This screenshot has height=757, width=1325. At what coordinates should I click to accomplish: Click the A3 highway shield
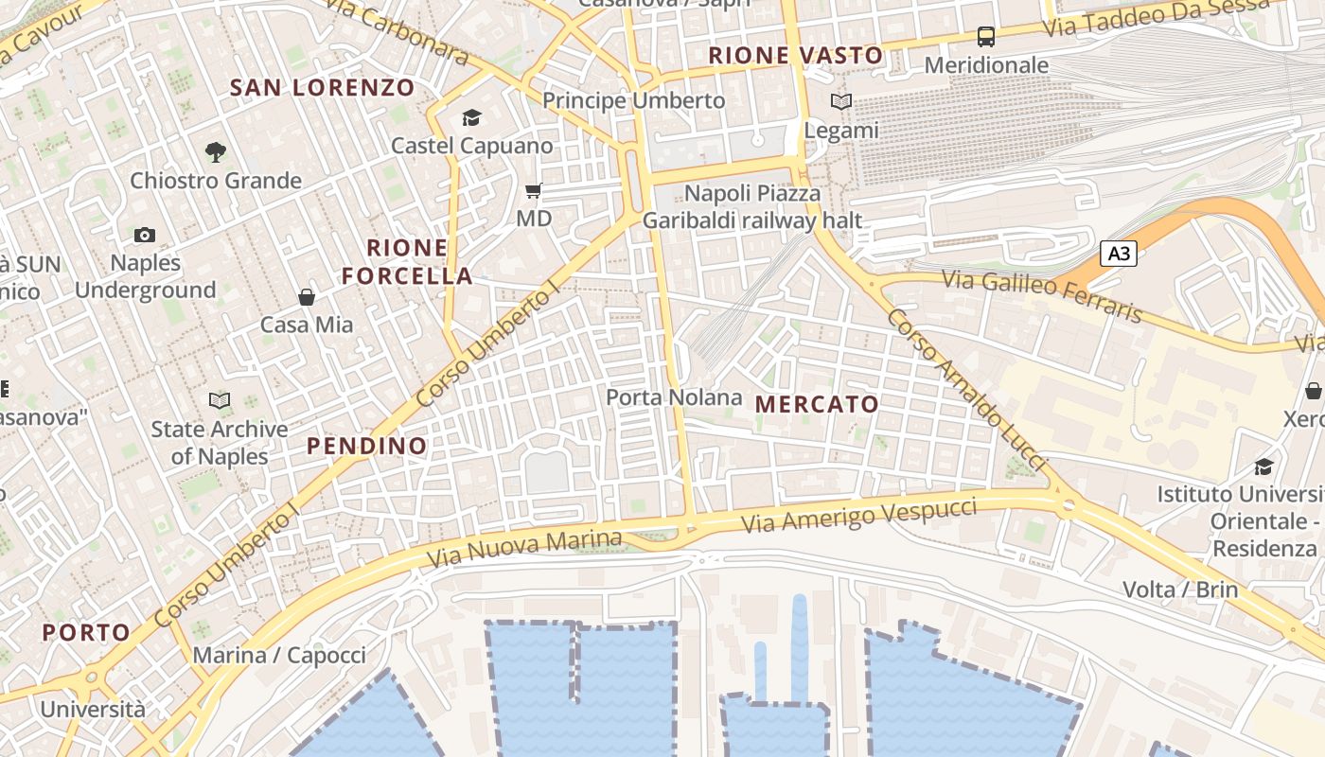[x=1118, y=254]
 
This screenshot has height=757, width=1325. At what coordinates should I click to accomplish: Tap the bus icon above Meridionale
[x=986, y=37]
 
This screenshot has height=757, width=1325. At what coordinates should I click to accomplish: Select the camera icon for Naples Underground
[x=145, y=235]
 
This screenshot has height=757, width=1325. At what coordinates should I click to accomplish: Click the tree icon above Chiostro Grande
[x=216, y=151]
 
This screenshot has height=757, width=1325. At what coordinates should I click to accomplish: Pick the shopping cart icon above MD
[x=534, y=191]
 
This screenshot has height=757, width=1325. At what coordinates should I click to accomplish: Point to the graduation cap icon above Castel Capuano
[x=471, y=117]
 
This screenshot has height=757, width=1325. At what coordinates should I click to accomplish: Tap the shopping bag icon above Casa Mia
[x=307, y=297]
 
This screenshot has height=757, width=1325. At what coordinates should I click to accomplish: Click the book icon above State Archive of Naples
[x=220, y=401]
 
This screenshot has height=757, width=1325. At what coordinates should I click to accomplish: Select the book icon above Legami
[x=840, y=102]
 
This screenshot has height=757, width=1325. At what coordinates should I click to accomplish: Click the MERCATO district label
[x=818, y=404]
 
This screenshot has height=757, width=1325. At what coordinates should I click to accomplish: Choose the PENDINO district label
[x=367, y=446]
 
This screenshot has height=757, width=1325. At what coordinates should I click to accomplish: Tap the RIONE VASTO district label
[x=796, y=56]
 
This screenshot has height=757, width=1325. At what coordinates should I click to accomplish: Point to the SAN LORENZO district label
[x=323, y=88]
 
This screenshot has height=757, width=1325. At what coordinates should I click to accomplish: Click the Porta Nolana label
[x=674, y=397]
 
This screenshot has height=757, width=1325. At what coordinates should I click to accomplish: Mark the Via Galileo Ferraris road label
[x=1043, y=295]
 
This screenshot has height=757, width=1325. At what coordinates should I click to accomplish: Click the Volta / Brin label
[x=1180, y=590]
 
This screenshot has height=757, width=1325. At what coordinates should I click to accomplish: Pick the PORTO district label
[x=86, y=632]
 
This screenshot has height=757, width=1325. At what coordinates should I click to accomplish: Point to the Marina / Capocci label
[x=279, y=655]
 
